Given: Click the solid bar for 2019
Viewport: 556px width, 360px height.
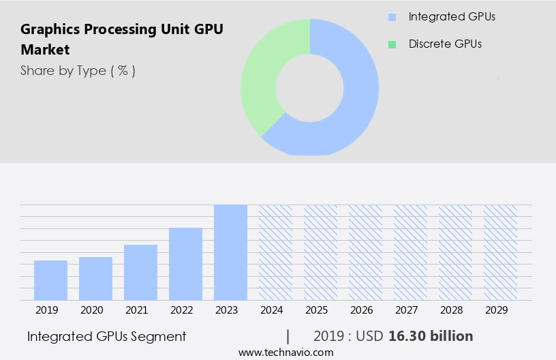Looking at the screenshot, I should coord(50,280).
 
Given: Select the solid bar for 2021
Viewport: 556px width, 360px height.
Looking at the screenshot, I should coord(140,273).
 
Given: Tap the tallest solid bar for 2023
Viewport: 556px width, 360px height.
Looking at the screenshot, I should coord(230,252).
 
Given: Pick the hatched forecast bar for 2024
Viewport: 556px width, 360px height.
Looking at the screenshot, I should coord(275,252).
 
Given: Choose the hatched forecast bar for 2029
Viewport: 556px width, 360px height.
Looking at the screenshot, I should coord(500,252).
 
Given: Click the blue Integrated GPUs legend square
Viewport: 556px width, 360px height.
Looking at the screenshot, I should coord(392,17).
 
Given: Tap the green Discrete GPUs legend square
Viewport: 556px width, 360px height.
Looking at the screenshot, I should coord(392,44).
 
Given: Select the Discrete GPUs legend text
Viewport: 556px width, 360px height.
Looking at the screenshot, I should coord(445,44).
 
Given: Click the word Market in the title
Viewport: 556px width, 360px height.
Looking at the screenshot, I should coord(45,50).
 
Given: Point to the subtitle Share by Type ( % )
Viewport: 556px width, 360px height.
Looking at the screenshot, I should coord(78,70).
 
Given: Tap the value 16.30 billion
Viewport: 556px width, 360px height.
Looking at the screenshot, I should coord(431,336).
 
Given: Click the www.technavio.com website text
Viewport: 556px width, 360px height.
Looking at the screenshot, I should coord(286,352).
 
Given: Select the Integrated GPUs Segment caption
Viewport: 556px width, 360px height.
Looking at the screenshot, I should coord(106,336).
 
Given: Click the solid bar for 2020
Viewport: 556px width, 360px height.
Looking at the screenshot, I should coord(95,278).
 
